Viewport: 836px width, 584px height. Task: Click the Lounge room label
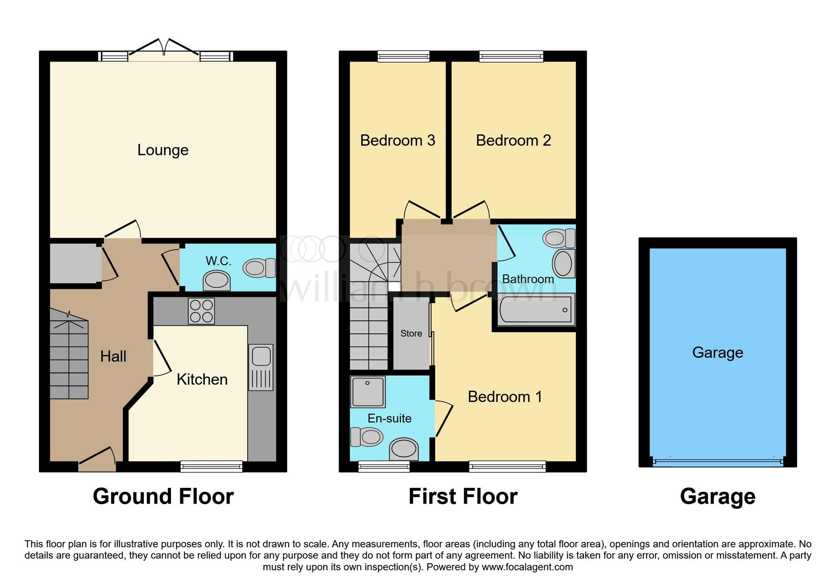pyautogui.click(x=162, y=150)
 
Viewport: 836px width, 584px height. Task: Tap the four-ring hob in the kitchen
pyautogui.click(x=201, y=311)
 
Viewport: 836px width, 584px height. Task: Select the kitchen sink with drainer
pyautogui.click(x=261, y=367)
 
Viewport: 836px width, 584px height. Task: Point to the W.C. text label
pyautogui.click(x=218, y=261)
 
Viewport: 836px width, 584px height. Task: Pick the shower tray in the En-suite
pyautogui.click(x=367, y=392)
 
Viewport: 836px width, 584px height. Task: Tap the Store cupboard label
pyautogui.click(x=411, y=334)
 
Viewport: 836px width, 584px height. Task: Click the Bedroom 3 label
pyautogui.click(x=397, y=140)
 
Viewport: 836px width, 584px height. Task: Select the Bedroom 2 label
pyautogui.click(x=513, y=140)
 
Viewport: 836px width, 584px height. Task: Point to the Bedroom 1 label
pyautogui.click(x=505, y=396)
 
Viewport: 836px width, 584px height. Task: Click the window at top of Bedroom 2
pyautogui.click(x=511, y=56)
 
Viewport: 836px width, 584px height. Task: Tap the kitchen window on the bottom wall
pyautogui.click(x=211, y=466)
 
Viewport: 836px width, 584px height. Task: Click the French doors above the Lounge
pyautogui.click(x=164, y=51)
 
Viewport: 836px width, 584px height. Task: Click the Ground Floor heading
pyautogui.click(x=163, y=496)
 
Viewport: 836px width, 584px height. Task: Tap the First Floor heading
pyautogui.click(x=463, y=496)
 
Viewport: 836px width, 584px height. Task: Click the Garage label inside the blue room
pyautogui.click(x=717, y=352)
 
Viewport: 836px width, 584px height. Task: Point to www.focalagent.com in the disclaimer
pyautogui.click(x=527, y=567)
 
